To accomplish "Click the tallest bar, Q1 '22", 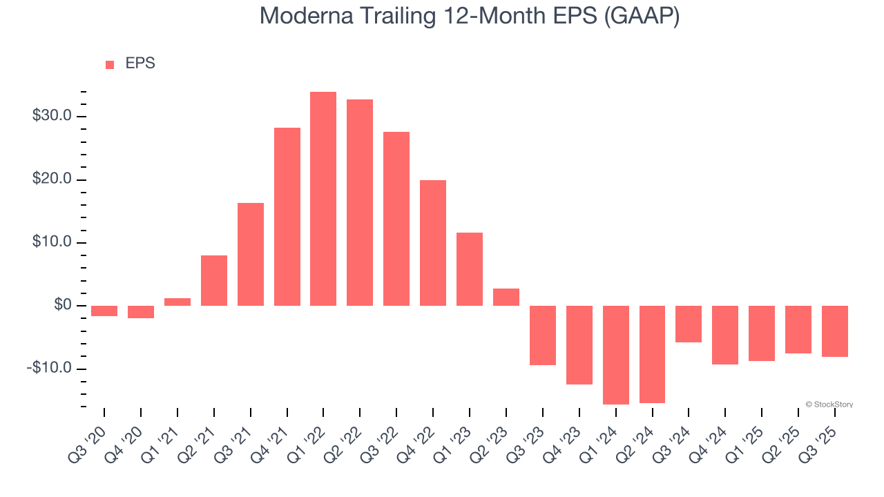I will click(323, 199).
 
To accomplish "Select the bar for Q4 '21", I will click(287, 217).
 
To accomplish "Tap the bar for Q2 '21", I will click(214, 280).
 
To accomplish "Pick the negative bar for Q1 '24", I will click(615, 355).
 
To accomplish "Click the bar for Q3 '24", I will click(689, 324).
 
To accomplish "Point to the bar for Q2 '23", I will click(506, 298).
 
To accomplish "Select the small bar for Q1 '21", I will click(177, 302).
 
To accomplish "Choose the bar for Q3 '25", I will click(835, 331).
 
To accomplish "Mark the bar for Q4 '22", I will click(433, 243).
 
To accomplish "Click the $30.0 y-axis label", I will click(52, 116).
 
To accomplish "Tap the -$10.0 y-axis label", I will click(49, 368).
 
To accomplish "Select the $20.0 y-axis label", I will click(52, 179).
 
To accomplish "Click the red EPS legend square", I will click(110, 65).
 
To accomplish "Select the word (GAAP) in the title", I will click(642, 17).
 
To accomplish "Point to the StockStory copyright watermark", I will click(829, 405).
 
